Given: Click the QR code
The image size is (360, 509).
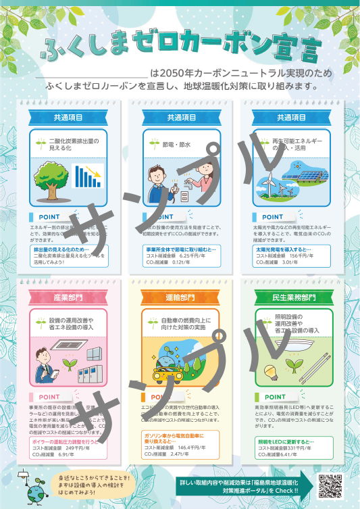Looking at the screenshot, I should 330,485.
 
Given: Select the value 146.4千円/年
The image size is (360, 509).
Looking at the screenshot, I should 194,447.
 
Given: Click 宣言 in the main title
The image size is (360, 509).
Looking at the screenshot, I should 292,49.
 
